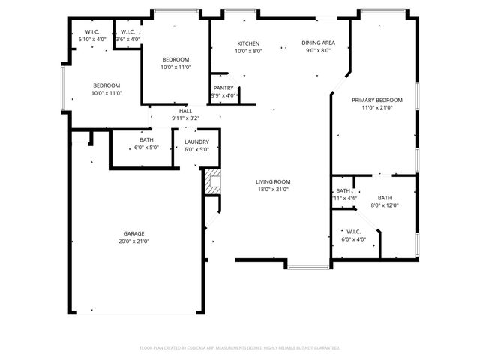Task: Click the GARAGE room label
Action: [133, 233]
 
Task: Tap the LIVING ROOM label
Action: [273, 181]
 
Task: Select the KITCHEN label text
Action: [248, 43]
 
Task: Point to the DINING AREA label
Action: [318, 43]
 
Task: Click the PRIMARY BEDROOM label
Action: [377, 100]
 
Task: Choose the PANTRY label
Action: [224, 88]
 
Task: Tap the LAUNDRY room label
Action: [196, 142]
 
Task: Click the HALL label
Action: [175, 110]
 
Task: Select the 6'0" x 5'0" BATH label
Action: [147, 140]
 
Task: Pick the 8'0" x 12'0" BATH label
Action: [385, 198]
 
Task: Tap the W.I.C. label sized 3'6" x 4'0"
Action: [124, 31]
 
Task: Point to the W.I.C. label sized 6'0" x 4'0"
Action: [353, 232]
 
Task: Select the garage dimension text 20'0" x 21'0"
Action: [133, 241]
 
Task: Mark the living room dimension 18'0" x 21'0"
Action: [273, 190]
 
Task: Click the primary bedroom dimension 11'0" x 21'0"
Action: [377, 108]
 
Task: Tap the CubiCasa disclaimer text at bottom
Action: [240, 348]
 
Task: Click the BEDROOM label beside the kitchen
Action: [175, 59]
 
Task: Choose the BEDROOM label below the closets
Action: [106, 85]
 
